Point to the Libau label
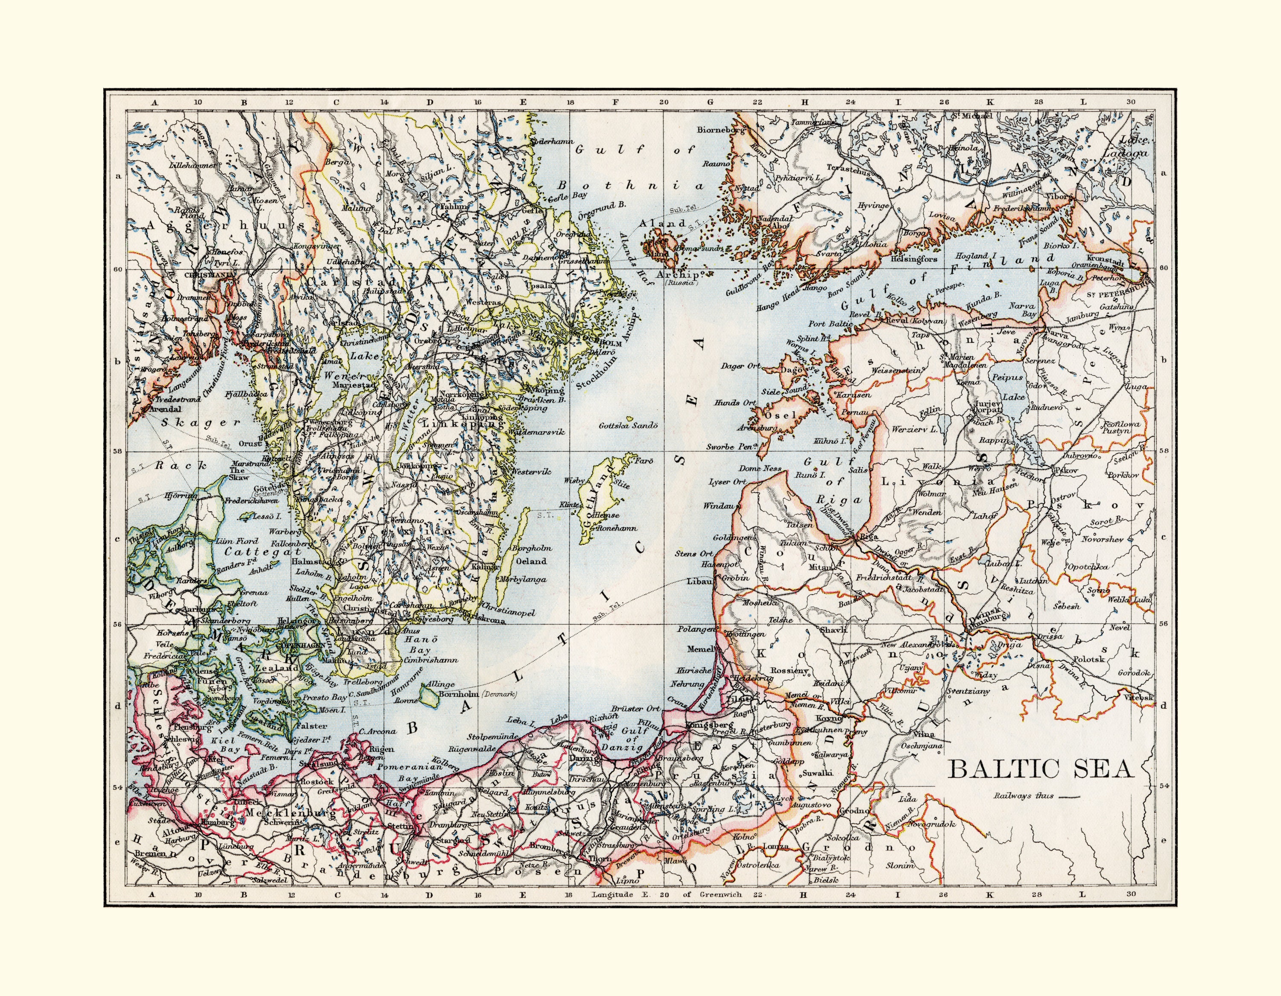pos(701,581)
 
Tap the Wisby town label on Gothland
pos(574,480)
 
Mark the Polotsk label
pos(1088,659)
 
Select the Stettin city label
pos(401,826)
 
